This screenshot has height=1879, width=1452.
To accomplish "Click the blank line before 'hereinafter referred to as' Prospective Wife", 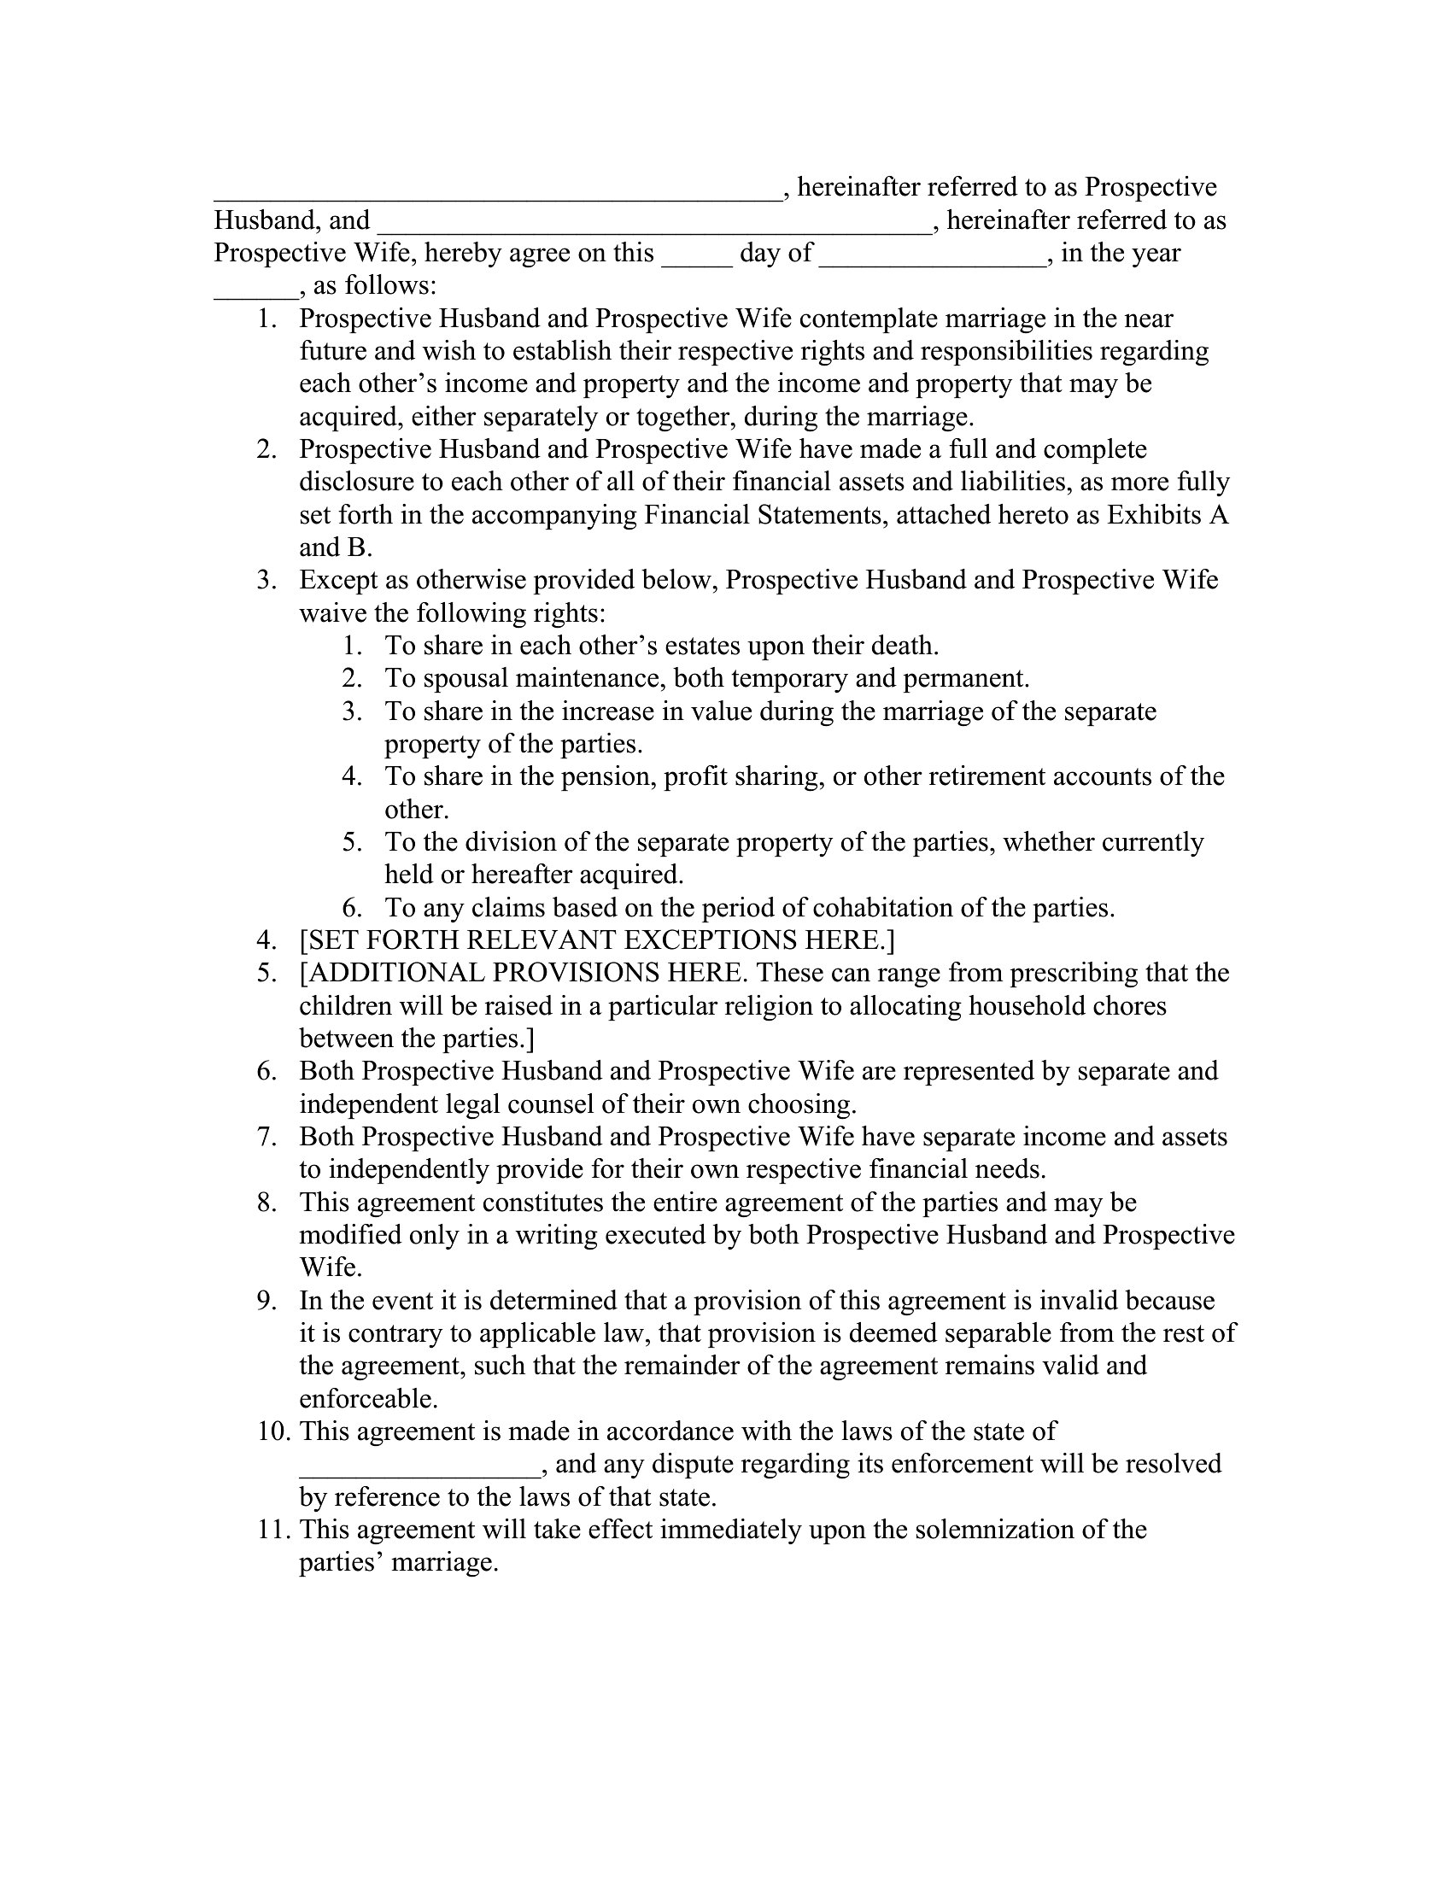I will [653, 225].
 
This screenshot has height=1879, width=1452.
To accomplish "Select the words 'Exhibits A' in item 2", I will [1168, 515].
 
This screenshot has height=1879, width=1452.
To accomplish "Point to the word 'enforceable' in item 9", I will [368, 1399].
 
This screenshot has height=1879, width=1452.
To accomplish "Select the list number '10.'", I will [274, 1431].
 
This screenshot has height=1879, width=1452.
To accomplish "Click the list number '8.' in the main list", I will [266, 1203].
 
